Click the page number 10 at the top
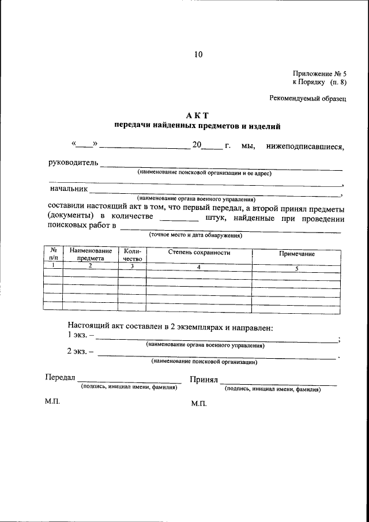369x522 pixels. click(x=198, y=55)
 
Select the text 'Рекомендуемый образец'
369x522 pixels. click(x=308, y=99)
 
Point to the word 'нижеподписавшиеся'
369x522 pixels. click(x=305, y=146)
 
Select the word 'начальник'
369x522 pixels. click(x=69, y=188)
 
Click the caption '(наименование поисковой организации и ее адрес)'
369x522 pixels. click(x=204, y=172)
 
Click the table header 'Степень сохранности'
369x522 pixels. click(x=199, y=253)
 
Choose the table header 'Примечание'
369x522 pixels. click(x=296, y=254)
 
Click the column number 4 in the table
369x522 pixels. click(x=199, y=267)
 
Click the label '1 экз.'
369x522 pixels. click(x=78, y=335)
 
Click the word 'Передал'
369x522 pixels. click(x=60, y=378)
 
